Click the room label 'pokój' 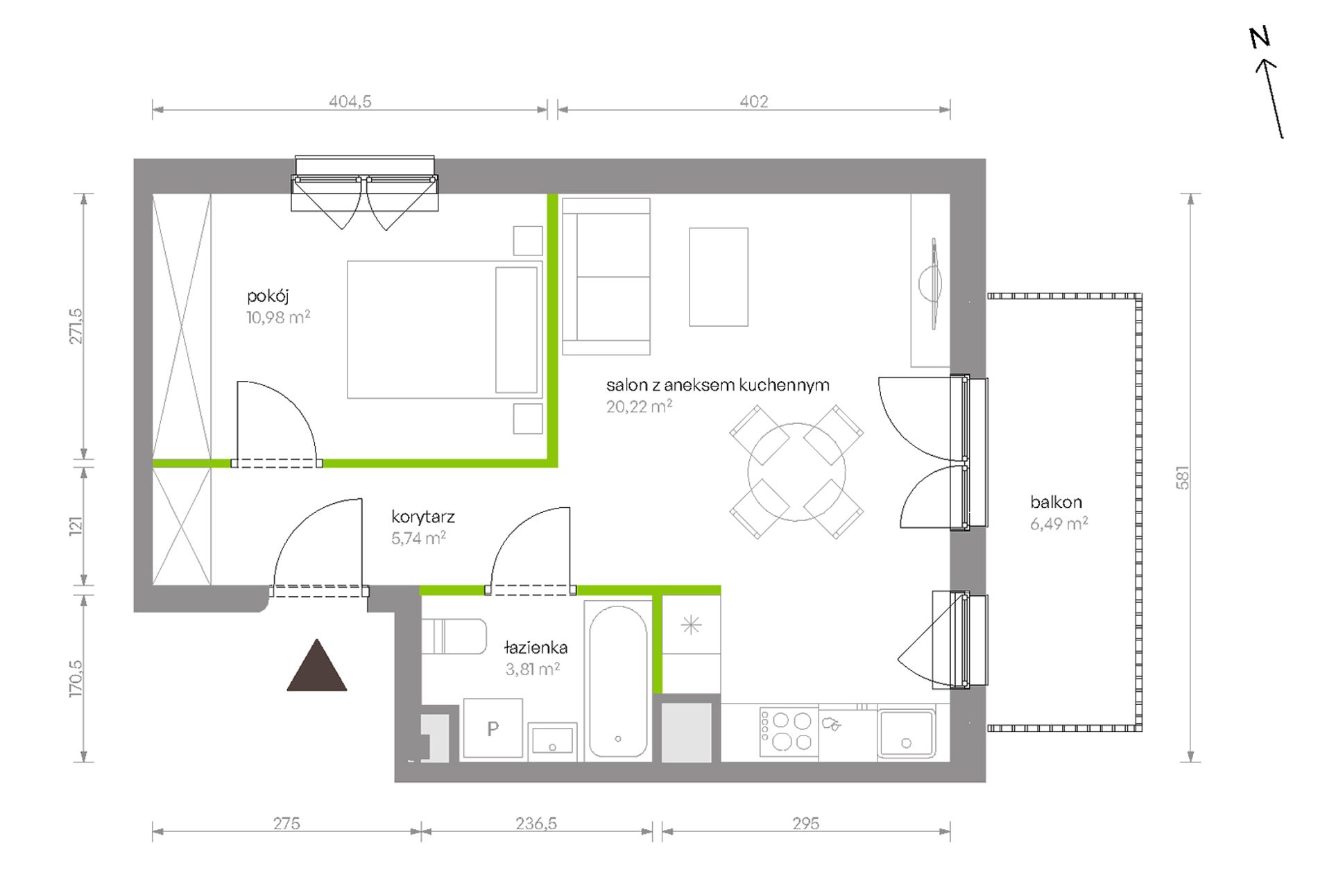[x=268, y=296]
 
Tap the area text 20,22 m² [x=639, y=407]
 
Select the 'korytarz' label [x=423, y=517]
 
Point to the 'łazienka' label [x=536, y=647]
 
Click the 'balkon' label [x=1056, y=502]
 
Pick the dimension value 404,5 [x=350, y=101]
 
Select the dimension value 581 [x=1183, y=477]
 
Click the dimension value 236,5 [x=536, y=824]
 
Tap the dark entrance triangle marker [x=317, y=665]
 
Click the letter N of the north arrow [x=1260, y=37]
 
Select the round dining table [x=796, y=472]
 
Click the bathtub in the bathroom [x=618, y=681]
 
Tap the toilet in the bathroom [x=454, y=637]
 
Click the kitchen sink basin [x=906, y=733]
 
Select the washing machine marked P [x=493, y=729]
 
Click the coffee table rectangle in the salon [x=719, y=277]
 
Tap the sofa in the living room [x=606, y=276]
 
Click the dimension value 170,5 [x=76, y=678]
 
